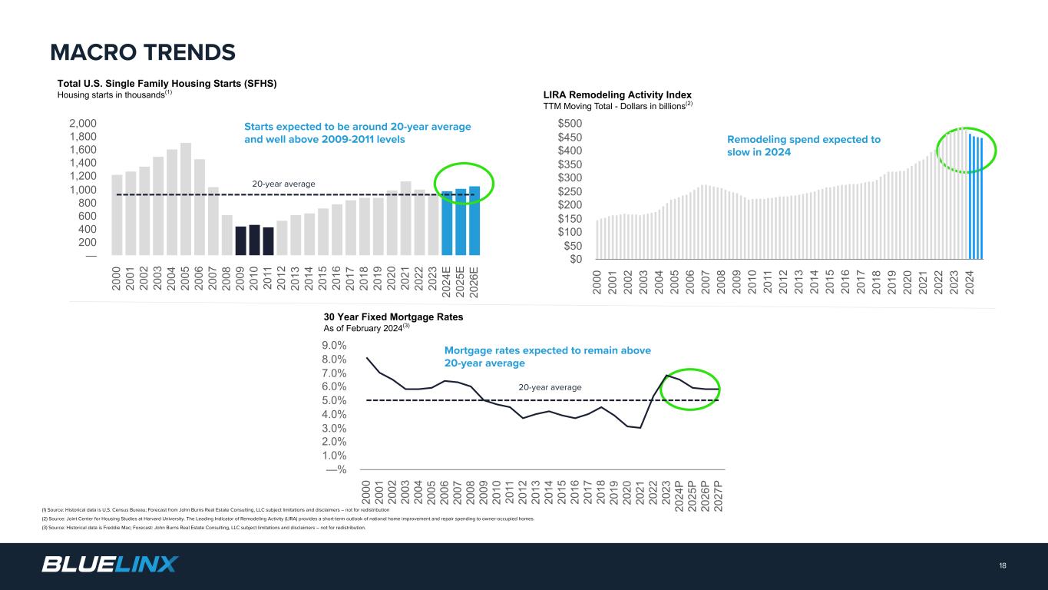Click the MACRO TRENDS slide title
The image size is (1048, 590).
pos(143,52)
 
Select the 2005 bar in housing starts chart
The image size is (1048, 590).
pos(186,198)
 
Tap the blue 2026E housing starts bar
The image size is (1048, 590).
pos(474,220)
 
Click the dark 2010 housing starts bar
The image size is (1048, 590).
pos(255,240)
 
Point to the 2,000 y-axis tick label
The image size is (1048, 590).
pos(82,123)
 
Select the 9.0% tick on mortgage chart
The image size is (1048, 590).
pos(335,346)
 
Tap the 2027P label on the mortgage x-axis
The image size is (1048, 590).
pos(718,494)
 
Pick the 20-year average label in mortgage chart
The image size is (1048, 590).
pos(550,387)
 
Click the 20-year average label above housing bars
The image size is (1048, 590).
pos(283,184)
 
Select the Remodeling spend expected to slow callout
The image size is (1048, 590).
pos(803,146)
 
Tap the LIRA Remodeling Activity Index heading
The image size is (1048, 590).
pos(617,94)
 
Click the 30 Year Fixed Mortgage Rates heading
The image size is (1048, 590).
pos(394,317)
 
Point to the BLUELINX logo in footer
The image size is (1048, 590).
pos(110,565)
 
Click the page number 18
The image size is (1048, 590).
pos(1003,565)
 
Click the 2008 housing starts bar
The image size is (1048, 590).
pos(227,235)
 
